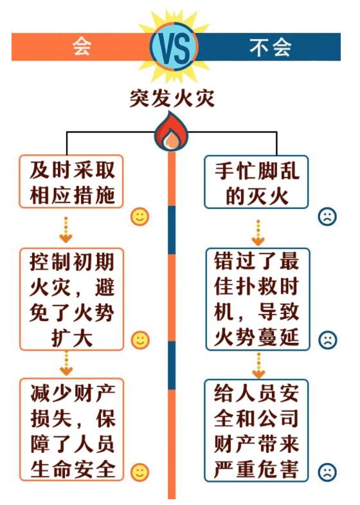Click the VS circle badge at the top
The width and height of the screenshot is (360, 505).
pos(174,47)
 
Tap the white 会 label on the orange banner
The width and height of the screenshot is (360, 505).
pos(82,47)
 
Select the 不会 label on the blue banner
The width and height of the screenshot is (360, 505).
pos(270,48)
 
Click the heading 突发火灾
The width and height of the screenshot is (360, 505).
pos(172,98)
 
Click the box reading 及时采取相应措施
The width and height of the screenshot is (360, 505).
pos(71,181)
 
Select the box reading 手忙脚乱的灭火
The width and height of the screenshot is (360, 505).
pos(256,182)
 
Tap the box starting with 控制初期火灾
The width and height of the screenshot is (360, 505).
pos(71,299)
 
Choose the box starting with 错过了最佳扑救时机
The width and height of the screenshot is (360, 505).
pos(257,299)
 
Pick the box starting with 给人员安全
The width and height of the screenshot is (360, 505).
pos(256,430)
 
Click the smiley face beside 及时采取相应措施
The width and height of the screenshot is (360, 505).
pos(139,216)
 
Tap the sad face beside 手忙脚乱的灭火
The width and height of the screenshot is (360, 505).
pos(327,216)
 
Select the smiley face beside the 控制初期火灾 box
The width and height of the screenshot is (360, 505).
pos(140,340)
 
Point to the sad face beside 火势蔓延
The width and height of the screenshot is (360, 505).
pos(328,340)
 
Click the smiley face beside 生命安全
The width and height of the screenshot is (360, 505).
pos(140,472)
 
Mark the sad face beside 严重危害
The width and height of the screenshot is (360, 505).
pos(327,472)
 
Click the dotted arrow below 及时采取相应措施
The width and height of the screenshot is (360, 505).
pos(66,229)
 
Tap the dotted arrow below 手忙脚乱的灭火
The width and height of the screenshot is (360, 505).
pos(258,232)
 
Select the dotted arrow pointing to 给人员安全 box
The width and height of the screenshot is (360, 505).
pos(258,365)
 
